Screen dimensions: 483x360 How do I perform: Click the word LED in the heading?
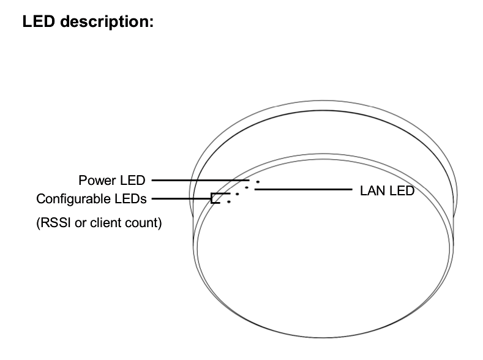[39, 21]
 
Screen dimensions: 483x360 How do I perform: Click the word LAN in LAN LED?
[372, 191]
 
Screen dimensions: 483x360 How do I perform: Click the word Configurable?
[73, 199]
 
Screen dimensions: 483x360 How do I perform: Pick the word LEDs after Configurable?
[130, 199]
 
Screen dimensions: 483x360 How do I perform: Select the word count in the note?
[141, 223]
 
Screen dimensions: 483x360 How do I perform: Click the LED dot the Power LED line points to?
[258, 182]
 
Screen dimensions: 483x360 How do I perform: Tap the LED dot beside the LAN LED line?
[247, 187]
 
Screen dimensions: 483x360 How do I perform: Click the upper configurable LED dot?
[237, 194]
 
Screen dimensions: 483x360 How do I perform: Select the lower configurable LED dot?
[228, 202]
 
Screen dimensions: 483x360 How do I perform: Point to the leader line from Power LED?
[201, 180]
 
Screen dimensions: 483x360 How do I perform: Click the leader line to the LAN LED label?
[304, 189]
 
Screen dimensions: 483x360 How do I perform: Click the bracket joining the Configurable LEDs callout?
[212, 198]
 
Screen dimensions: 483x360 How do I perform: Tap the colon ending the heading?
[152, 23]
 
